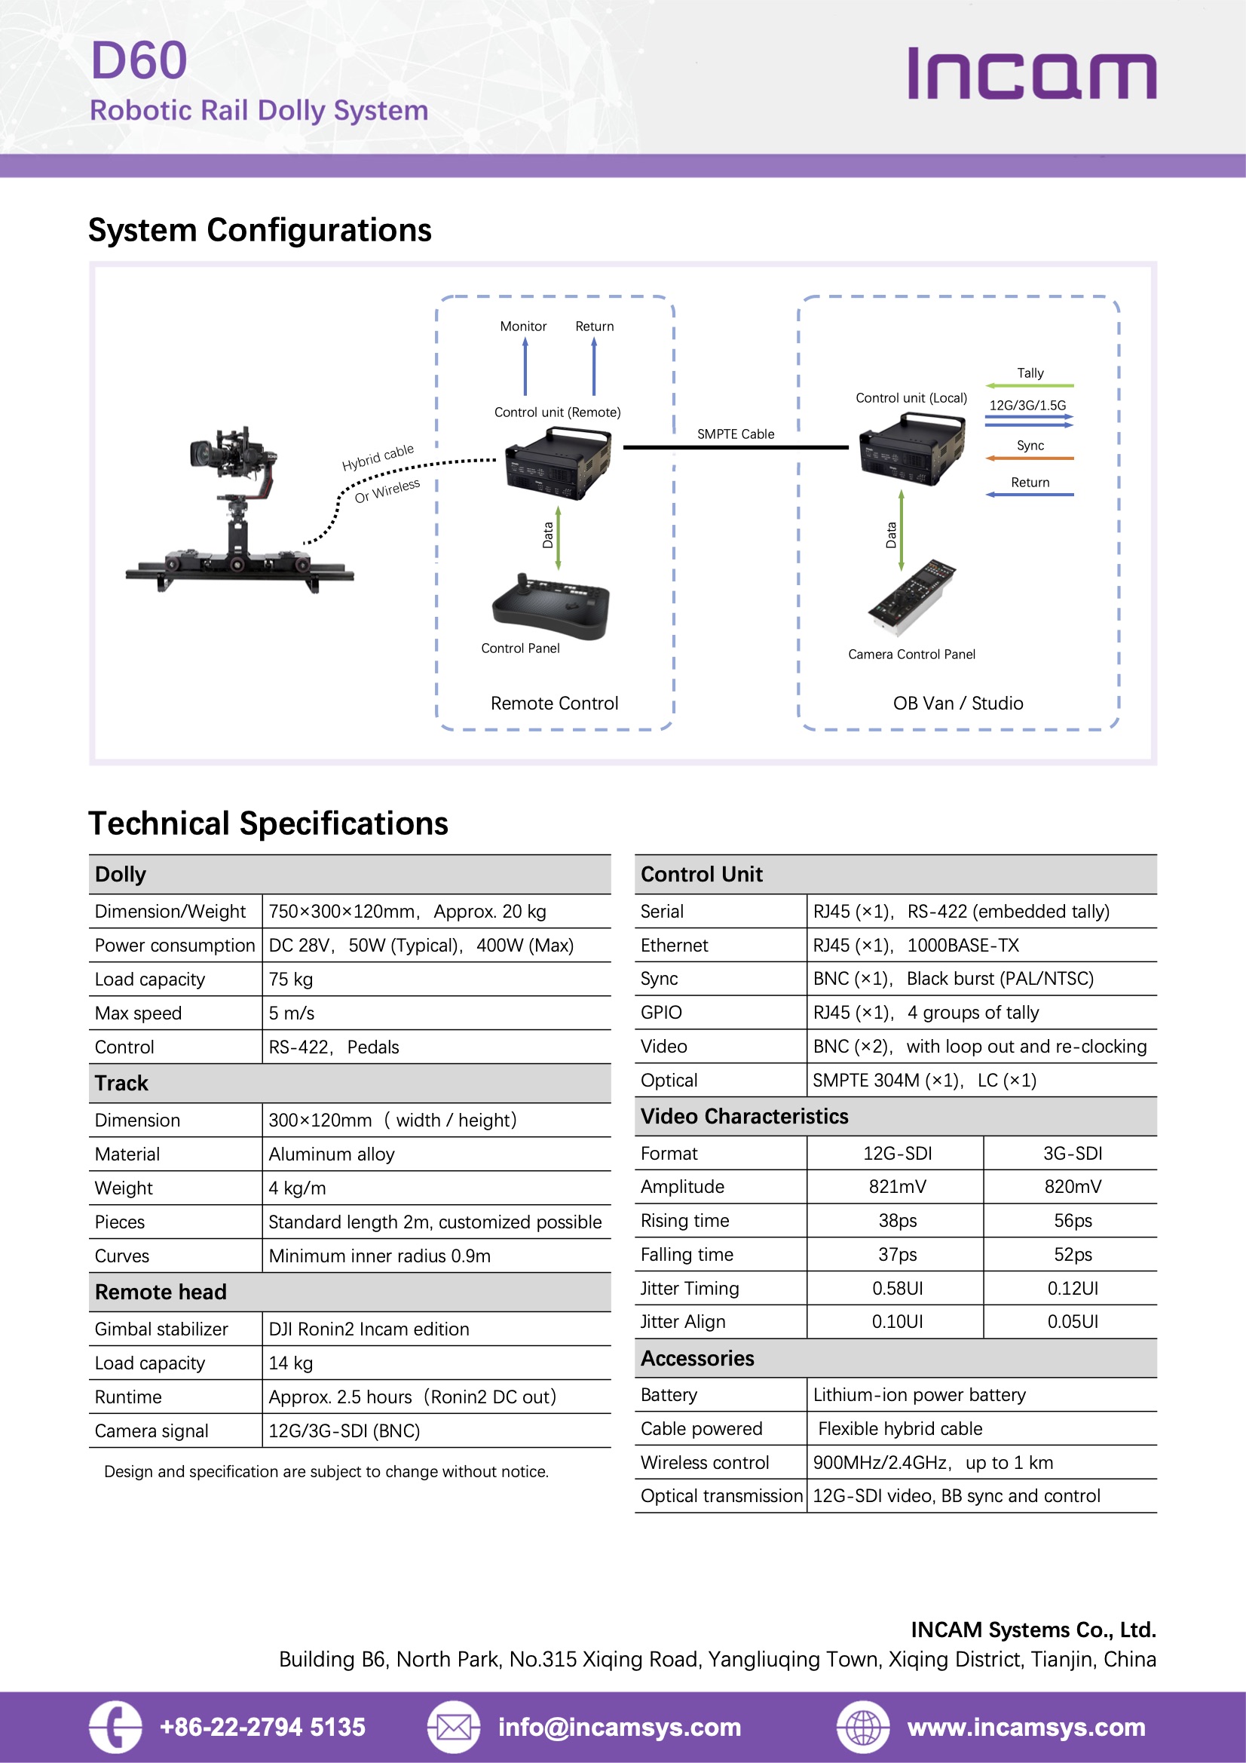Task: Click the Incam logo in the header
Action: tap(1031, 74)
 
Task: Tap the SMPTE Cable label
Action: tap(735, 434)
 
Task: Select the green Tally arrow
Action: tap(1029, 385)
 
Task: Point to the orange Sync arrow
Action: tap(1029, 458)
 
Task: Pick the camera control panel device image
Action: tap(912, 597)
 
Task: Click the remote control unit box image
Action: tap(558, 463)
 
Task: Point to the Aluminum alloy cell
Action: tap(332, 1154)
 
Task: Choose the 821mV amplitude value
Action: tap(897, 1187)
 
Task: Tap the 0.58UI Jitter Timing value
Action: tap(897, 1289)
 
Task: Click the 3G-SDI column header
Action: tap(1072, 1153)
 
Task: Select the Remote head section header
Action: tap(161, 1292)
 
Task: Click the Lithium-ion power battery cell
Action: tap(919, 1394)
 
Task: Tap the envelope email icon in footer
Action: tap(453, 1728)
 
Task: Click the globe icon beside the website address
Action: tap(863, 1728)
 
